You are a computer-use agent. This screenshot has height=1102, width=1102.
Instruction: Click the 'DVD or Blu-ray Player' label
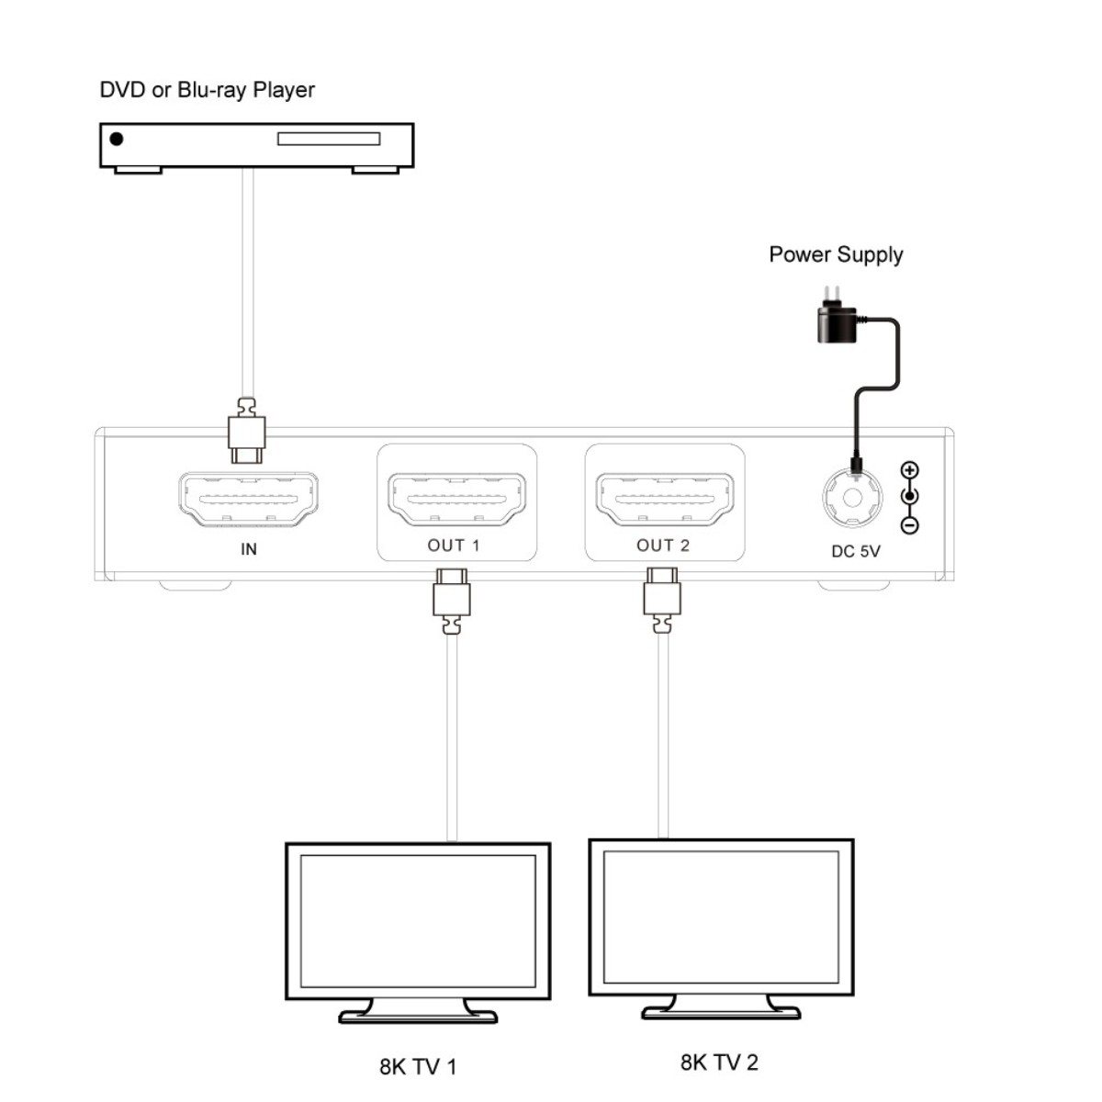[207, 90]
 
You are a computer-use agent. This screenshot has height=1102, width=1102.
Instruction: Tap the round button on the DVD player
[117, 140]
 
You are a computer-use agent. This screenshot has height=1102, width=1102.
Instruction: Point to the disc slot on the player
[328, 140]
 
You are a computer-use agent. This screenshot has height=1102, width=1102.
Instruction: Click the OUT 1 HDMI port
[455, 500]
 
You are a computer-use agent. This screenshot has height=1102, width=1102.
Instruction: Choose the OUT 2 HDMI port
[664, 500]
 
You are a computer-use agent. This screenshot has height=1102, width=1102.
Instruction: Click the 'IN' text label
[248, 549]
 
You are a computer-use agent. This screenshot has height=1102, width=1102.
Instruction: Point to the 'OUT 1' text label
[454, 545]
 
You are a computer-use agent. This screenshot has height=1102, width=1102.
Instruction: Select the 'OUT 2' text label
[663, 545]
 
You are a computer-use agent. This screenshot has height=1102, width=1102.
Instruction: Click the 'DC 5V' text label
[855, 551]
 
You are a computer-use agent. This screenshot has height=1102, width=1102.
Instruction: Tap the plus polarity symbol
[909, 470]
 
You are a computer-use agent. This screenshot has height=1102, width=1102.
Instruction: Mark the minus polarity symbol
[909, 526]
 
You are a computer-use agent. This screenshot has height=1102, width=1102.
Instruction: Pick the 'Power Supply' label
[836, 254]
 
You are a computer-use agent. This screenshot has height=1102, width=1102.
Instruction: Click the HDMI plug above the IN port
[246, 432]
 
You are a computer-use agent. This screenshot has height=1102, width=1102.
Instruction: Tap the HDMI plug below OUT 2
[662, 598]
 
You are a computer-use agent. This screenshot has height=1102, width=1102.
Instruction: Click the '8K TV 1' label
[418, 1066]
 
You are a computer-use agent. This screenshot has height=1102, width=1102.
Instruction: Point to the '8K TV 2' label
[719, 1063]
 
